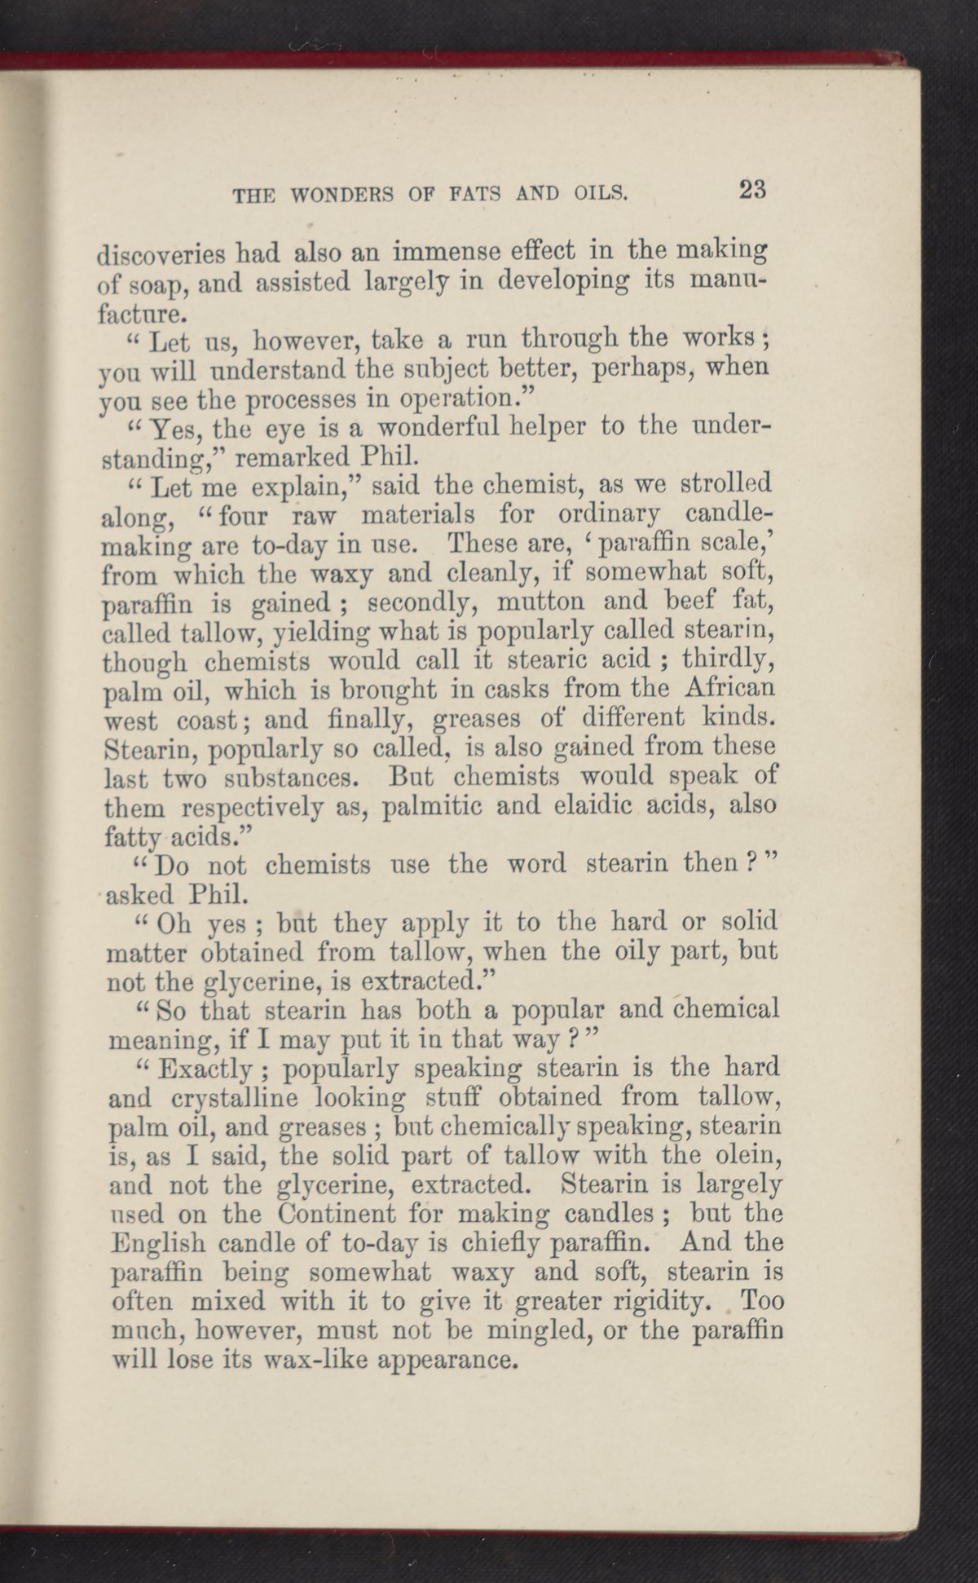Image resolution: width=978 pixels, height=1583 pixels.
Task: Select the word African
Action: tap(729, 690)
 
